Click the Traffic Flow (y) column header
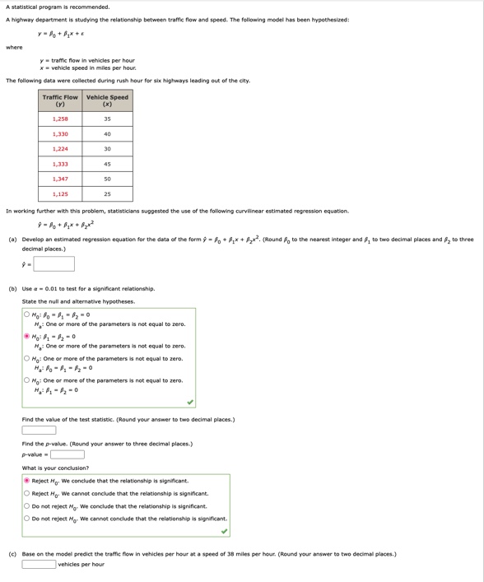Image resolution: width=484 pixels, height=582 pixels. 60,101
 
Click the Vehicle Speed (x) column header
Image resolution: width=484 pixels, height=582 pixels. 107,101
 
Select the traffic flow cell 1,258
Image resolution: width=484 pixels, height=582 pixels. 60,119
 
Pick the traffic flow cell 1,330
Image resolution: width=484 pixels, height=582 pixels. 60,134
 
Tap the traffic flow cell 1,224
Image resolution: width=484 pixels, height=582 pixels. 60,149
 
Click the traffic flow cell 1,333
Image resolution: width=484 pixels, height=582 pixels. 60,165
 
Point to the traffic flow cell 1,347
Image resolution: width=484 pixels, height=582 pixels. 60,179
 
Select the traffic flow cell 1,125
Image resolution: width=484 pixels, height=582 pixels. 60,194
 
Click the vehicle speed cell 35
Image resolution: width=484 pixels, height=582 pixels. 107,119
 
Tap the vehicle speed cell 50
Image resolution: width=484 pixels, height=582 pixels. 107,179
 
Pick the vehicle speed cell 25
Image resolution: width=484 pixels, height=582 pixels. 107,194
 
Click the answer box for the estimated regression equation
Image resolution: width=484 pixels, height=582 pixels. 54,264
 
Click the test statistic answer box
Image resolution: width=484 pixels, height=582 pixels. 39,431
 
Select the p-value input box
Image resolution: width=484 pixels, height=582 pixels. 67,454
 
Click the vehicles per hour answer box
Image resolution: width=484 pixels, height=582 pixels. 39,565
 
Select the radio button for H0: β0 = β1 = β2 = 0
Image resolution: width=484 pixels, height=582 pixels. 26,314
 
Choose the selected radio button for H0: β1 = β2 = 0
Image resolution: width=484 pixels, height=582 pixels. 26,337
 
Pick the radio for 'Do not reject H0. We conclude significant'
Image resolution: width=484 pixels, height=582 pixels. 26,506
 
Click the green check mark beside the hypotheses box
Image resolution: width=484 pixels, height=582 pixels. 190,403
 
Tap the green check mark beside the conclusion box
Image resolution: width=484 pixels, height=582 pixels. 224,531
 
